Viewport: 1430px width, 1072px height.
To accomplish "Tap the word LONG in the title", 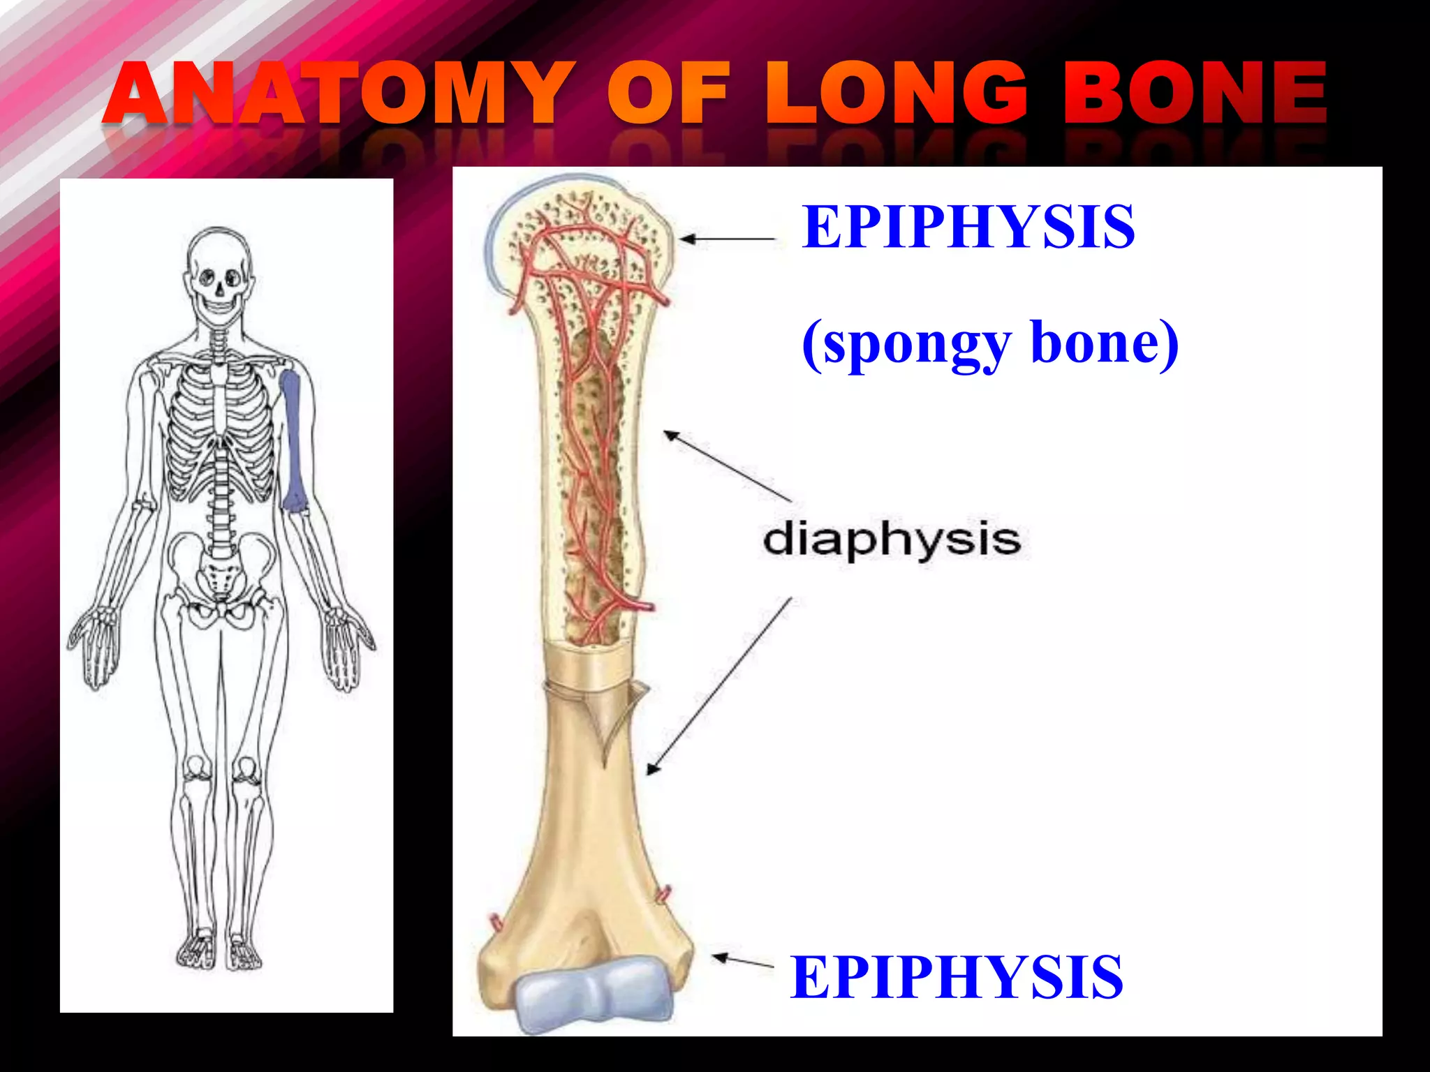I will click(x=897, y=94).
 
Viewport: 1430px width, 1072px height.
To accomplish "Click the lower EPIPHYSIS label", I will click(x=957, y=977).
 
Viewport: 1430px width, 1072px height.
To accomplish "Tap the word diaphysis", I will click(x=892, y=539).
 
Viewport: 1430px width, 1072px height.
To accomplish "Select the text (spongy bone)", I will click(x=990, y=343).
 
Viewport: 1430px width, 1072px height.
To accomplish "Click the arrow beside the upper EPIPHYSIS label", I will click(x=727, y=239).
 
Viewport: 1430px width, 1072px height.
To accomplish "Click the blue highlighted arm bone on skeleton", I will click(x=293, y=440).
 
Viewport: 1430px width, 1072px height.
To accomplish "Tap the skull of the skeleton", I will click(x=219, y=272).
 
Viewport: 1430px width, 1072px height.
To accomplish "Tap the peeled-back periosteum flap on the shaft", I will click(x=614, y=719).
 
